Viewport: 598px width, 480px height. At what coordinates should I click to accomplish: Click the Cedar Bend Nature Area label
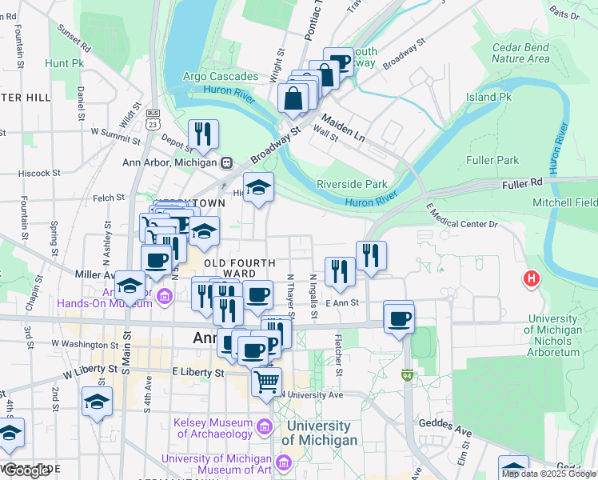click(520, 53)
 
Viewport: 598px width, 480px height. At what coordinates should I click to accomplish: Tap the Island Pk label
click(488, 97)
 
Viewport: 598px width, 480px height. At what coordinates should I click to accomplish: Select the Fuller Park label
click(496, 160)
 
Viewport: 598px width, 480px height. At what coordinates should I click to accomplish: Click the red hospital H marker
click(529, 279)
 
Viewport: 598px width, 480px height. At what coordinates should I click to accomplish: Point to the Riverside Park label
click(352, 184)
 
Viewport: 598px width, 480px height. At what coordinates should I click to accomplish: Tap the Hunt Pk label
click(65, 62)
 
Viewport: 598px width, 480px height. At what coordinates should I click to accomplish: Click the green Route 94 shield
click(409, 374)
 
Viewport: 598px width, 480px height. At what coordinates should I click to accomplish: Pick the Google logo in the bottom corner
click(26, 470)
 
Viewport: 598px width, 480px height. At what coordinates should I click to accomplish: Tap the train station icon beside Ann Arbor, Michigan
click(227, 162)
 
